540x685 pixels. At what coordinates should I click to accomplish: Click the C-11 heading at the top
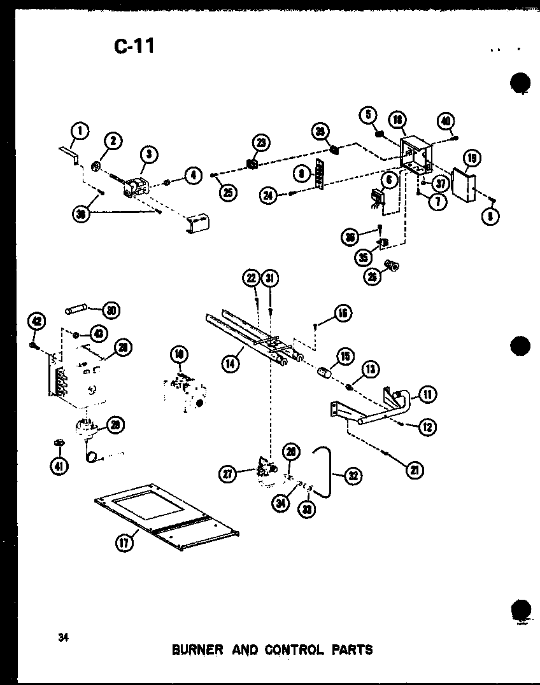coord(134,46)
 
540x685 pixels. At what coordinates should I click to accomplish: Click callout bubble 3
coord(148,153)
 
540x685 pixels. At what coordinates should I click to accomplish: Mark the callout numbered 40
coord(445,121)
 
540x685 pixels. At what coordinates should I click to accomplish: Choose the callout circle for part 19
coord(472,158)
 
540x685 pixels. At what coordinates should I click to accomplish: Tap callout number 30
coord(111,310)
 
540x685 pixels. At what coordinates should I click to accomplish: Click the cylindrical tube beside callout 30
coord(77,311)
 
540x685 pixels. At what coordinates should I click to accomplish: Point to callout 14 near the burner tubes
coord(231,364)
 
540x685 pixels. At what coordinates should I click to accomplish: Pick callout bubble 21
coord(416,470)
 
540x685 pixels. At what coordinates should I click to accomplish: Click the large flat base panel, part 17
coord(166,516)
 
